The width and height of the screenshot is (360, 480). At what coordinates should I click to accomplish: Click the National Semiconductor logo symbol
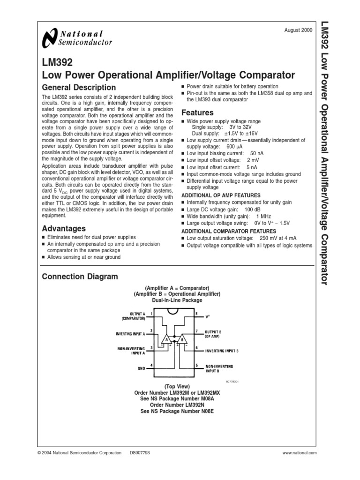pos(49,38)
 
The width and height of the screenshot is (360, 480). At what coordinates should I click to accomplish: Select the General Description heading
pos(79,88)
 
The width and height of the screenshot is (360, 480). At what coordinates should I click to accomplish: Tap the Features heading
pos(197,113)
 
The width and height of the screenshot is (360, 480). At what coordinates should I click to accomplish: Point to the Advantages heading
pos(64,229)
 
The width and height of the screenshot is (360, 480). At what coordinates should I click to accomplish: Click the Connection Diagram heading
pos(80,277)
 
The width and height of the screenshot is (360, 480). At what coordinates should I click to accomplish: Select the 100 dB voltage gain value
pos(251,209)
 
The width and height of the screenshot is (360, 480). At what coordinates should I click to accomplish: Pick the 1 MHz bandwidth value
pos(263,216)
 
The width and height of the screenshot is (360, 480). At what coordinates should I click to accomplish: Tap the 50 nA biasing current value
pos(257,153)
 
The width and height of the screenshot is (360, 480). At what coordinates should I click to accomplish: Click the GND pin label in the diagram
pos(141,369)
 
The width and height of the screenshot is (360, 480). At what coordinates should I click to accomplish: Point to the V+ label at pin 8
pos(208,317)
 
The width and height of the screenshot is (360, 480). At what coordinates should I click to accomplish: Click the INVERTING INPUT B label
pos(222,351)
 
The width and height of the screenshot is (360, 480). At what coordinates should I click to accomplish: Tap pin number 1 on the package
pos(151,313)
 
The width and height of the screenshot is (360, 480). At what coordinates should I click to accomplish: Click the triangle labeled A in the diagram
pos(165,339)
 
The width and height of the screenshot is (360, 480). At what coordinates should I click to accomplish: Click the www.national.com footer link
pos(300,453)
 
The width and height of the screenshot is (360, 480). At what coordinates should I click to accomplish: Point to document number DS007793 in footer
pos(140,453)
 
